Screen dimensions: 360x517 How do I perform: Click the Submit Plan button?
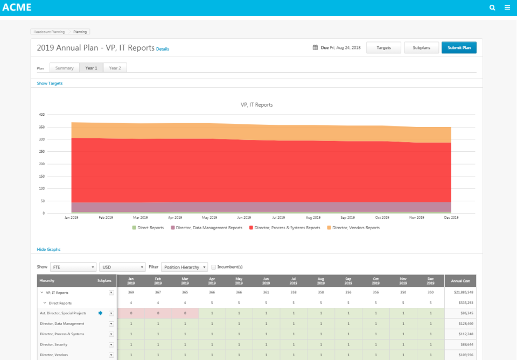(x=459, y=47)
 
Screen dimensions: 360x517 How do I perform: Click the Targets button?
(x=383, y=47)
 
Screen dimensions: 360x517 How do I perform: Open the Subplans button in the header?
(x=421, y=47)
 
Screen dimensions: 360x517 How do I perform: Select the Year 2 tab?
(x=115, y=68)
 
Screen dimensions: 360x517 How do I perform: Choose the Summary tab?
(x=64, y=68)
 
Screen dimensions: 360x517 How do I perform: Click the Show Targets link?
(x=50, y=83)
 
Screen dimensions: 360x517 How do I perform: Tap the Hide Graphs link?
(x=48, y=250)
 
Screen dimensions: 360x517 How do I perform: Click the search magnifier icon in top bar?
(x=492, y=8)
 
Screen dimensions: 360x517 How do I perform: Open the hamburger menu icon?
(x=507, y=8)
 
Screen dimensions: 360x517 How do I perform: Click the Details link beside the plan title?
(x=163, y=49)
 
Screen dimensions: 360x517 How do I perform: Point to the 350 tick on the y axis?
(x=41, y=127)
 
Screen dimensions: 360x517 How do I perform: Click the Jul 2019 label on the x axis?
(x=278, y=217)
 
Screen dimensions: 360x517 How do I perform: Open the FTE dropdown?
(x=73, y=267)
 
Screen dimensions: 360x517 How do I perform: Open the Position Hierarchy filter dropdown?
(x=184, y=267)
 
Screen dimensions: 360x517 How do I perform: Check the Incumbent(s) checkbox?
(x=214, y=267)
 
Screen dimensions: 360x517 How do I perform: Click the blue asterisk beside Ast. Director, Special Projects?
(x=100, y=313)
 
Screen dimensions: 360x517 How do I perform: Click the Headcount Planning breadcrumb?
(x=49, y=32)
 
